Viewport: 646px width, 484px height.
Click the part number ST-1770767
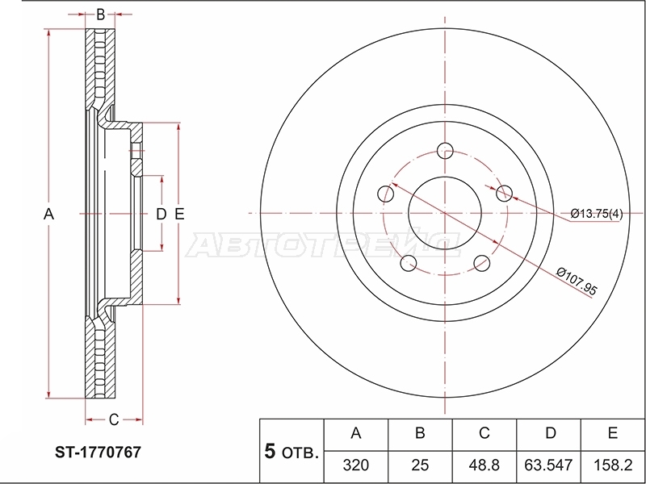pyautogui.click(x=98, y=453)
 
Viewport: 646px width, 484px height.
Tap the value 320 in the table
pyautogui.click(x=356, y=465)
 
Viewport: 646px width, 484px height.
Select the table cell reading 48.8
pyautogui.click(x=484, y=465)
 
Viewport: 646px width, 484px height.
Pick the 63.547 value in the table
pyautogui.click(x=548, y=465)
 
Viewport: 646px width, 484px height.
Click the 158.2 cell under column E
pyautogui.click(x=613, y=465)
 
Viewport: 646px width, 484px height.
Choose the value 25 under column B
pyautogui.click(x=420, y=465)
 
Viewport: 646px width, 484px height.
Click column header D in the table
pyautogui.click(x=551, y=433)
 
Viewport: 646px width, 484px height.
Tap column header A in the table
pyautogui.click(x=356, y=433)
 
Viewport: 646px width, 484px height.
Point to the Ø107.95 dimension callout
pyautogui.click(x=577, y=281)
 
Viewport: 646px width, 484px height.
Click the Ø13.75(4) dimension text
pyautogui.click(x=597, y=214)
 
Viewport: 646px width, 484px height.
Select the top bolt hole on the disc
pyautogui.click(x=445, y=151)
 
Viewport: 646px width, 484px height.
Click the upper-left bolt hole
pyautogui.click(x=386, y=194)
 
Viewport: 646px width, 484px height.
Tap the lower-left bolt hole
pyautogui.click(x=409, y=264)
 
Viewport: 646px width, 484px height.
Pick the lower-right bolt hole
pyautogui.click(x=481, y=264)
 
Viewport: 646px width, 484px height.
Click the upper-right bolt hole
pyautogui.click(x=504, y=194)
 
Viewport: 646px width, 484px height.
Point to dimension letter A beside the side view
pyautogui.click(x=48, y=214)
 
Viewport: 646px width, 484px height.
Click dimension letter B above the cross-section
pyautogui.click(x=100, y=15)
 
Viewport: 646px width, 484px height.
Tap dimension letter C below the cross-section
pyautogui.click(x=114, y=419)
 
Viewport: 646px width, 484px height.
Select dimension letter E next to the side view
pyautogui.click(x=179, y=214)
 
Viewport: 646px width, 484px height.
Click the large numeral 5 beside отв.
pyautogui.click(x=270, y=451)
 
